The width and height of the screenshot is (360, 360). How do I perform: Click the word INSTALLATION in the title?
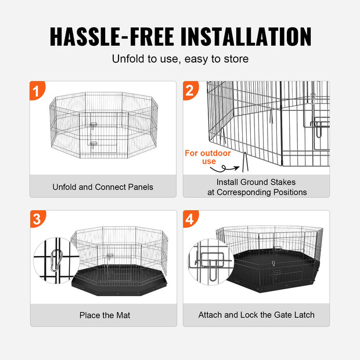tap(246, 35)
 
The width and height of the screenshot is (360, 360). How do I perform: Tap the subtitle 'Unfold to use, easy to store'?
tap(180, 59)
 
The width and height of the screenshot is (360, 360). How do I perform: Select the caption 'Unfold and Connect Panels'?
tap(103, 187)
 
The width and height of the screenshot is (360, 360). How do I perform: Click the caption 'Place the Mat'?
tap(105, 315)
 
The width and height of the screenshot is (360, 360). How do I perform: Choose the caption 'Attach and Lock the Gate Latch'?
tap(256, 315)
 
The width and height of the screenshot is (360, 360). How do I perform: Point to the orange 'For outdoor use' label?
tap(208, 157)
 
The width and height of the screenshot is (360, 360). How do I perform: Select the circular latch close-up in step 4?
tap(210, 261)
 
